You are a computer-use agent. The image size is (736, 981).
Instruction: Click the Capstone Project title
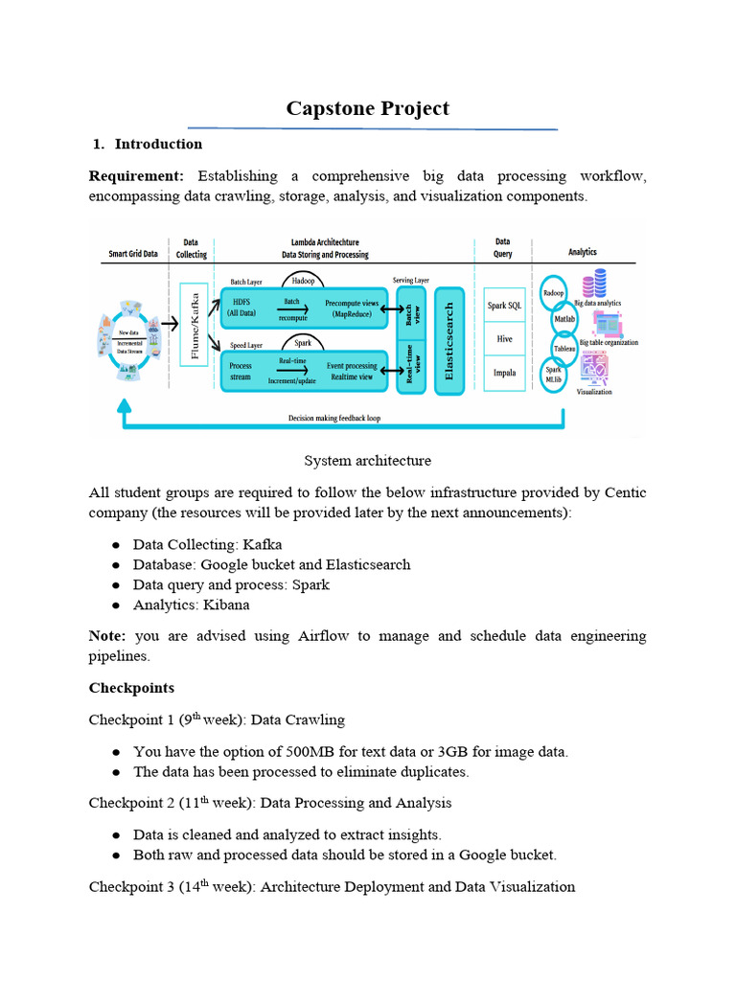(x=367, y=108)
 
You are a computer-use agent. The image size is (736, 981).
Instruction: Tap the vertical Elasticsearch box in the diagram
(x=449, y=339)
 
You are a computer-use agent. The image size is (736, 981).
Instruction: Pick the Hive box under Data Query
(x=504, y=339)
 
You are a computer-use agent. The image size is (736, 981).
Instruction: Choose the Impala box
(x=504, y=374)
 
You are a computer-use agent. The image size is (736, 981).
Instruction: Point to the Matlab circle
(x=564, y=318)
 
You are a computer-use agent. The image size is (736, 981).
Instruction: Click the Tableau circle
(x=565, y=348)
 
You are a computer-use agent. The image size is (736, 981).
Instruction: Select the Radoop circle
(x=554, y=292)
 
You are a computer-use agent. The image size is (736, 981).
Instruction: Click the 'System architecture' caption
(x=367, y=461)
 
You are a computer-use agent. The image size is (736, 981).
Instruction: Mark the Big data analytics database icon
(x=600, y=284)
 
